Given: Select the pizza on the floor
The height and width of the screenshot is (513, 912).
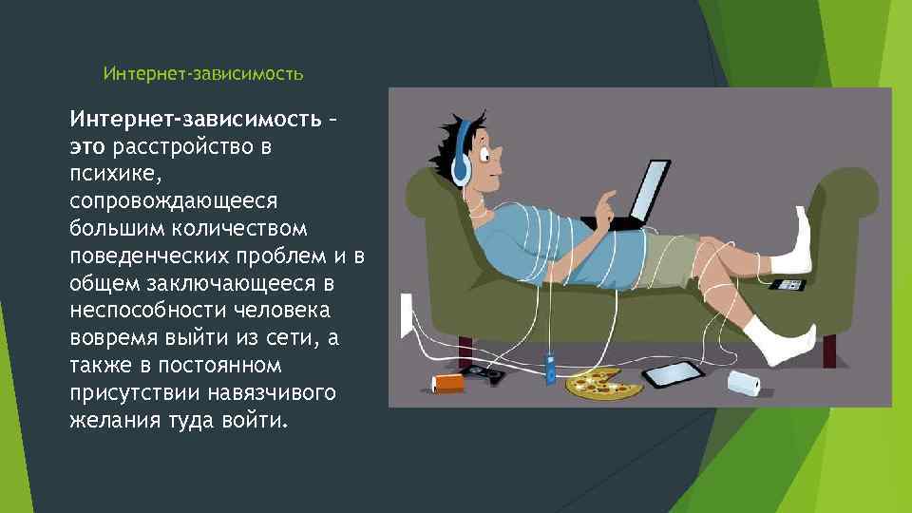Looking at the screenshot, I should coord(602,384).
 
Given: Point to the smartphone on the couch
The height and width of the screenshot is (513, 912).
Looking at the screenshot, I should coord(788,284).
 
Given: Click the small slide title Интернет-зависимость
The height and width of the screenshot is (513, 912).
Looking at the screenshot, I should coord(202,72).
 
